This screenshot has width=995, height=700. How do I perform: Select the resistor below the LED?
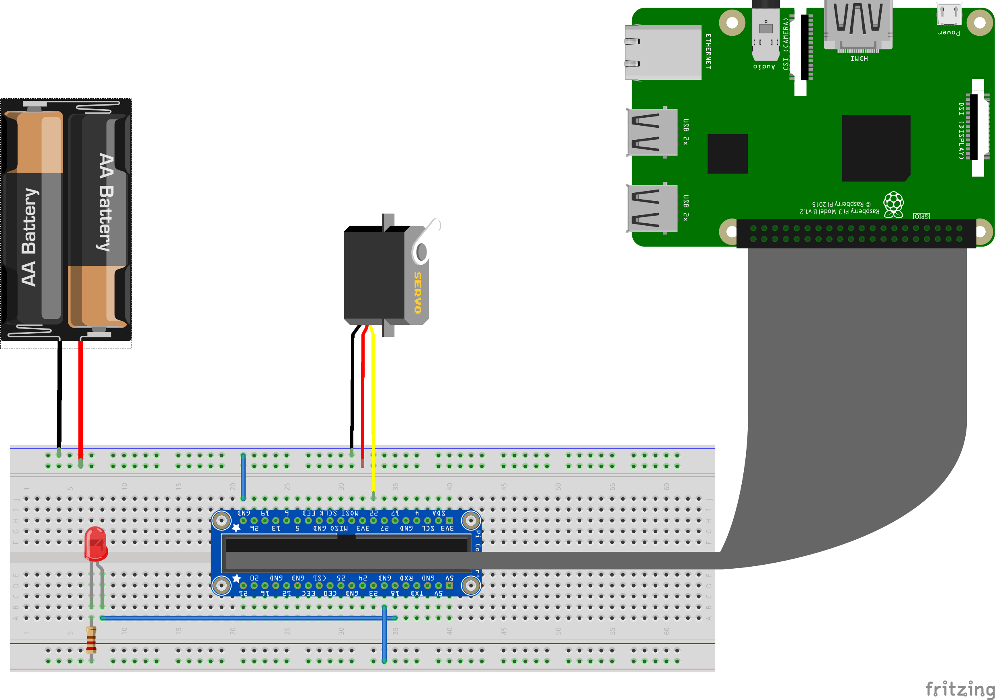tap(91, 639)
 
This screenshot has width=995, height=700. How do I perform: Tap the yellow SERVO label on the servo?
tap(417, 292)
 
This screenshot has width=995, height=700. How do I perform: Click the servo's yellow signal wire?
tap(373, 411)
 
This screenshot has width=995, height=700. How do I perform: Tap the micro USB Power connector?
tap(948, 15)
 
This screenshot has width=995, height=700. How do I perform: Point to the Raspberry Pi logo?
tap(894, 204)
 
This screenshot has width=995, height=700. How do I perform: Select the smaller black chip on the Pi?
tap(727, 154)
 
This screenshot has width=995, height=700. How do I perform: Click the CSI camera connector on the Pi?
tap(804, 48)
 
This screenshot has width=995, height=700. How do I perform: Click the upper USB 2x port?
tap(652, 132)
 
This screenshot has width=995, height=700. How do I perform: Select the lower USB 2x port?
tap(652, 208)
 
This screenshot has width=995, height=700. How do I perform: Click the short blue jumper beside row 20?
tap(243, 477)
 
